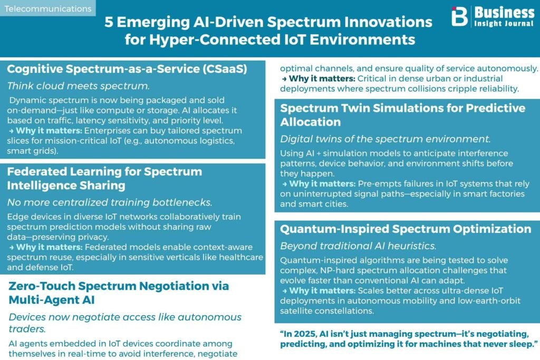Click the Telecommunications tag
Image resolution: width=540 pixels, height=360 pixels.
pyautogui.click(x=48, y=8)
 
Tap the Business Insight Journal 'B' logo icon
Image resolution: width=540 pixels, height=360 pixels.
pyautogui.click(x=459, y=16)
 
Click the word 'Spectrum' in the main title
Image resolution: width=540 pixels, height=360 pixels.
pyautogui.click(x=303, y=22)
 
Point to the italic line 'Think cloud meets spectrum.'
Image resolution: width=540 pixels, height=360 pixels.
pyautogui.click(x=79, y=86)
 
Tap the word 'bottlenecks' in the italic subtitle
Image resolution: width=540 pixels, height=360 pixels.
pyautogui.click(x=182, y=202)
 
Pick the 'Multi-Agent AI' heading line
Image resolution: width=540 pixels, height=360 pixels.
pyautogui.click(x=52, y=300)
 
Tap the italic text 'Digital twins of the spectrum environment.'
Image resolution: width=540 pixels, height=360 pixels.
pyautogui.click(x=385, y=139)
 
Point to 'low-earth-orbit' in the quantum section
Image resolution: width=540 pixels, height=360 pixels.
pyautogui.click(x=489, y=301)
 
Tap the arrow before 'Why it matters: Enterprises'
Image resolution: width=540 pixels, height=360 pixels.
pyautogui.click(x=12, y=131)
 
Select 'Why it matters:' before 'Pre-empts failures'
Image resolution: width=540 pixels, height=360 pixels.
pyautogui.click(x=322, y=184)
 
